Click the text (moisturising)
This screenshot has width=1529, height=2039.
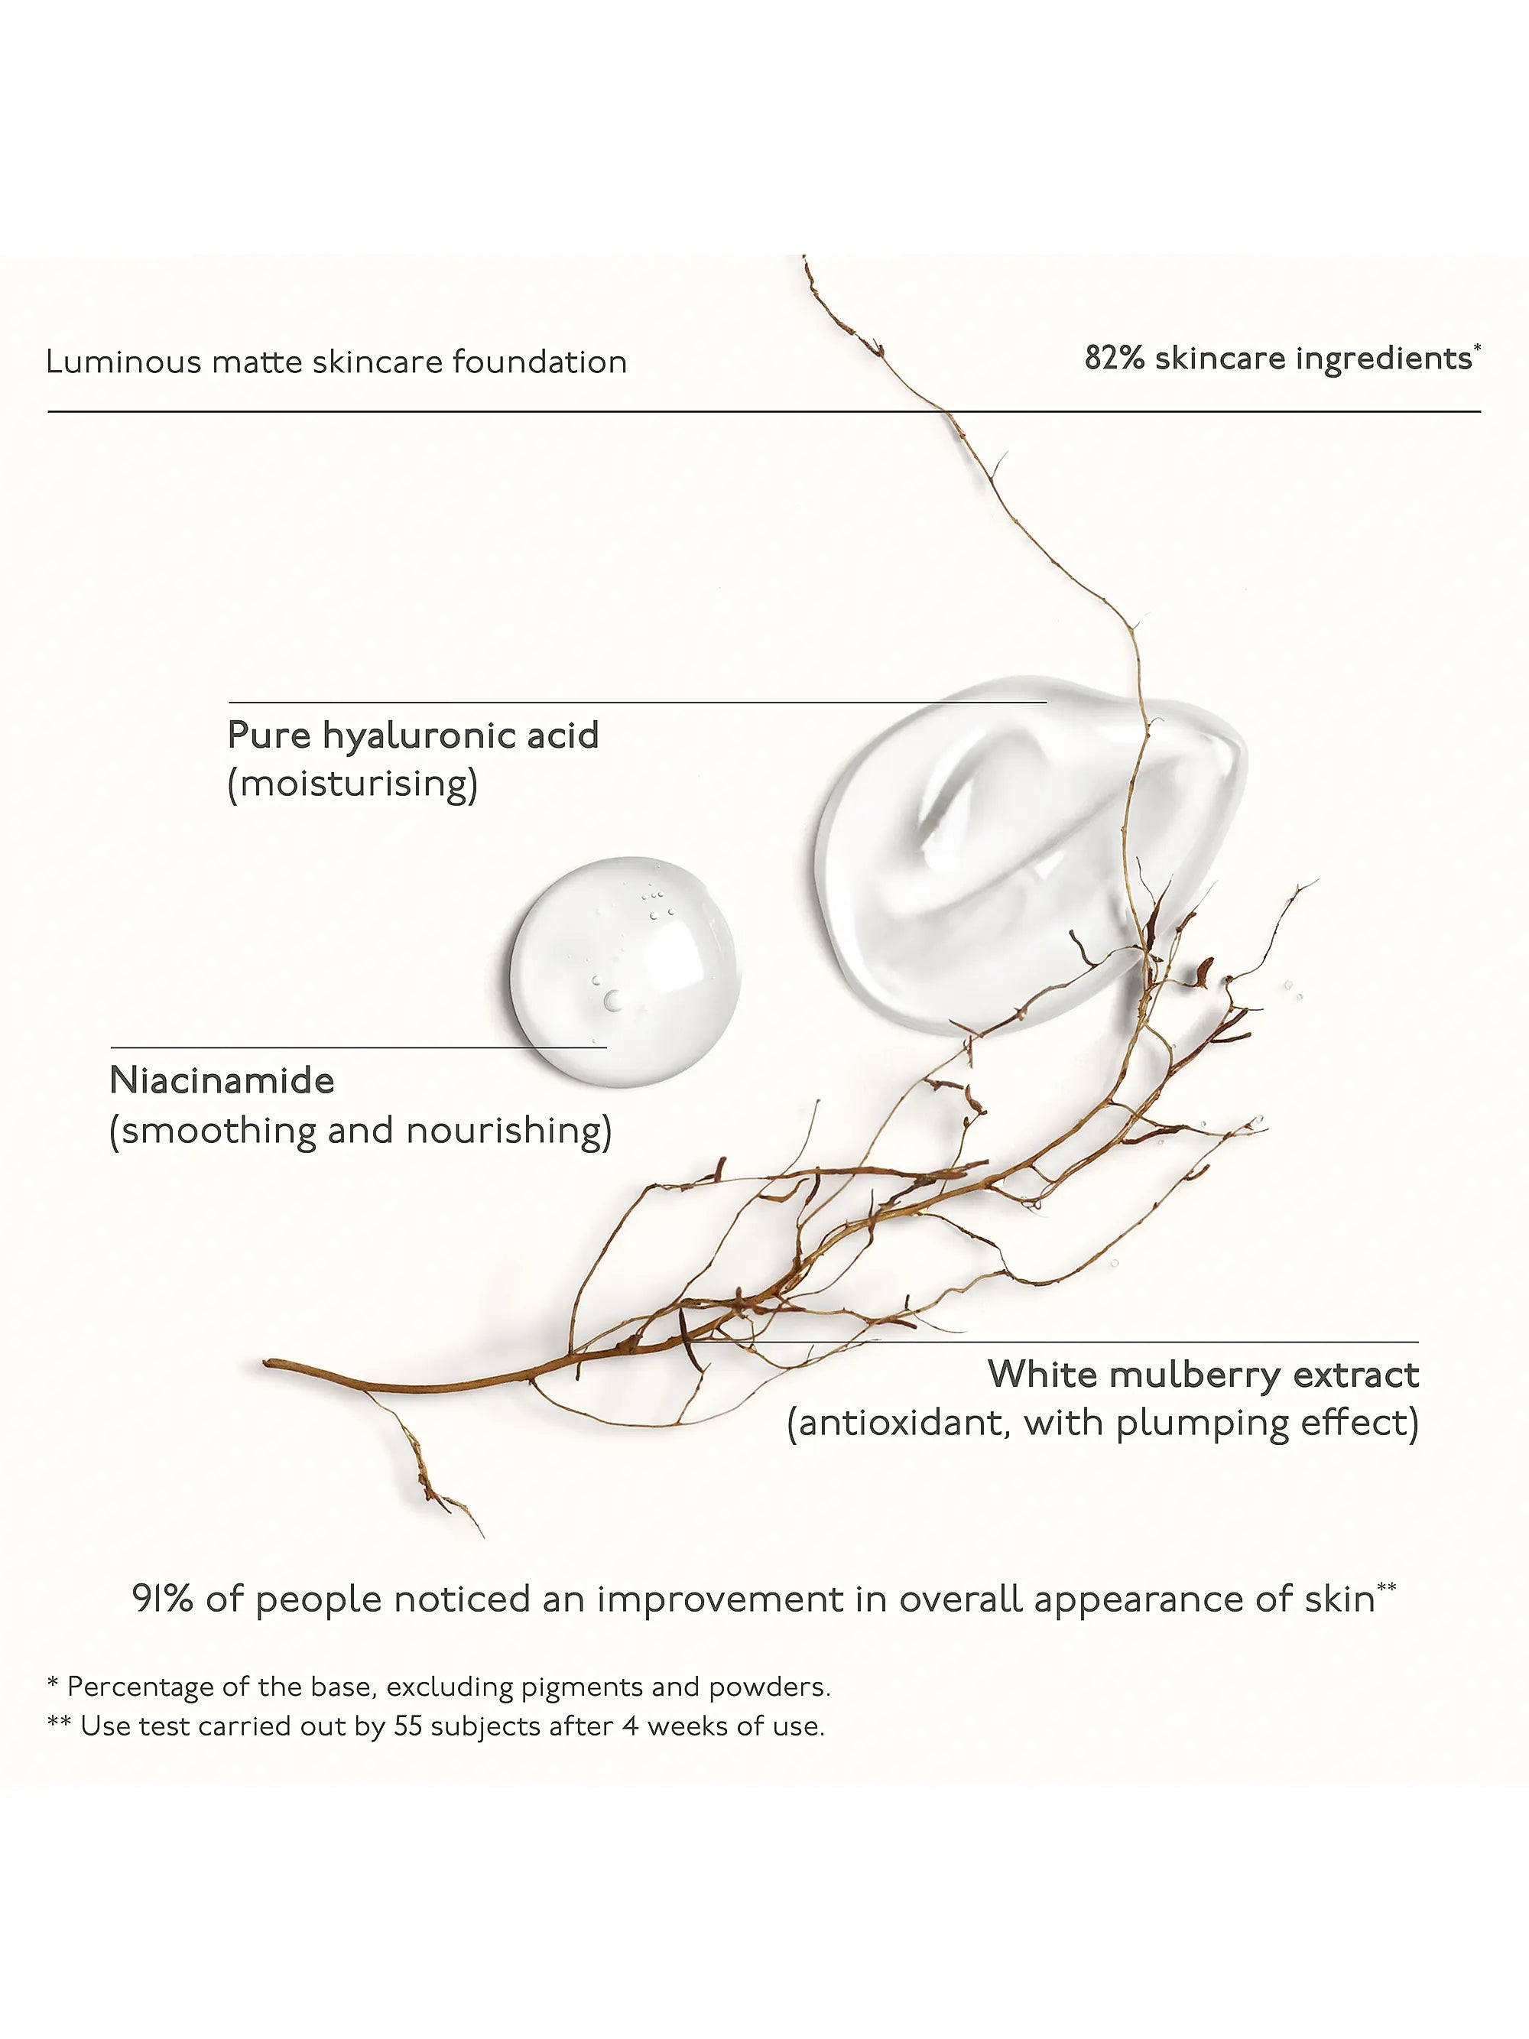[x=353, y=784]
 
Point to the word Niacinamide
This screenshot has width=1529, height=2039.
[x=222, y=1080]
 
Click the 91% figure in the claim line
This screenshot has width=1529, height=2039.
[x=162, y=1599]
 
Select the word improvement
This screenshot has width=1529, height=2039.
[x=720, y=1600]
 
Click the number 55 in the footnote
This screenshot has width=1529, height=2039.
[x=407, y=1726]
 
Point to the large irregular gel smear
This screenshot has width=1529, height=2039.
[x=1031, y=853]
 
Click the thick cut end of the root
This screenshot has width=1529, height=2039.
[x=268, y=1363]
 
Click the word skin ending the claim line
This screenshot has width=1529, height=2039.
[x=1340, y=1599]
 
